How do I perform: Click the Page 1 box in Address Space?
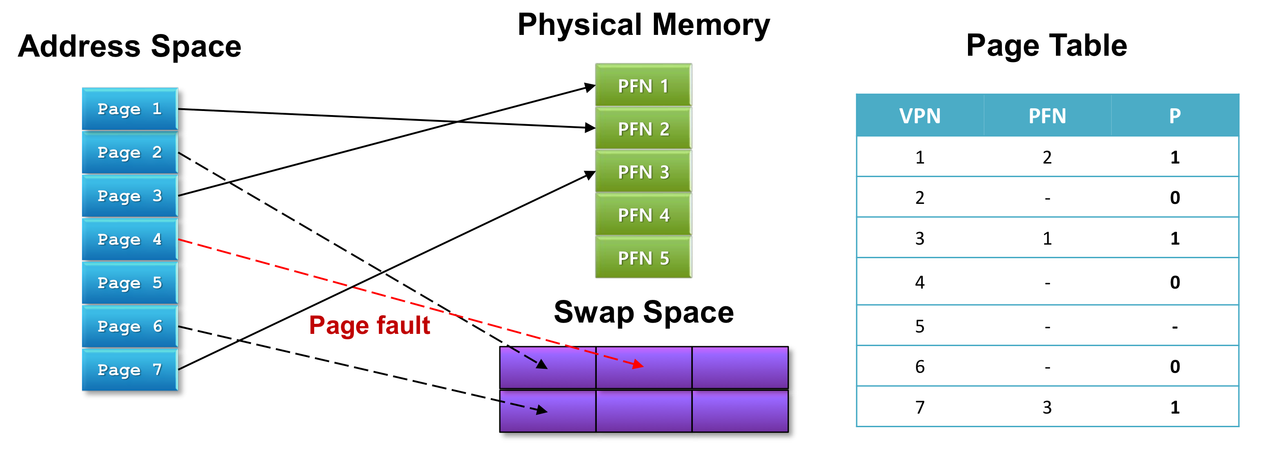tap(130, 109)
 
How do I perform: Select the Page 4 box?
tap(130, 240)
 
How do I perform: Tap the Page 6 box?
tap(130, 326)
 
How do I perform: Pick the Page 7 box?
tap(130, 369)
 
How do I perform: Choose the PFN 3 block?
tap(644, 171)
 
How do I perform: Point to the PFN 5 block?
tap(644, 257)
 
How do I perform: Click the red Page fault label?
tap(370, 326)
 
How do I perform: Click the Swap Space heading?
tap(644, 312)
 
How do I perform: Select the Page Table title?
tap(1046, 46)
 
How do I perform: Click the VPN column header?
tap(920, 116)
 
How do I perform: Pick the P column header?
tap(1175, 116)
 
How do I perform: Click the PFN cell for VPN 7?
tap(1047, 407)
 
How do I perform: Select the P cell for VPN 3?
tap(1175, 239)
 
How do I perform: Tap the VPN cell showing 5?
tap(920, 326)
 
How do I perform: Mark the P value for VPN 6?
tap(1175, 366)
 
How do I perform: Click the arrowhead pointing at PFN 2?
tap(590, 128)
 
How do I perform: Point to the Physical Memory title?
tap(644, 25)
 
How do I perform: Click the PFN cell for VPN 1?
tap(1047, 157)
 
